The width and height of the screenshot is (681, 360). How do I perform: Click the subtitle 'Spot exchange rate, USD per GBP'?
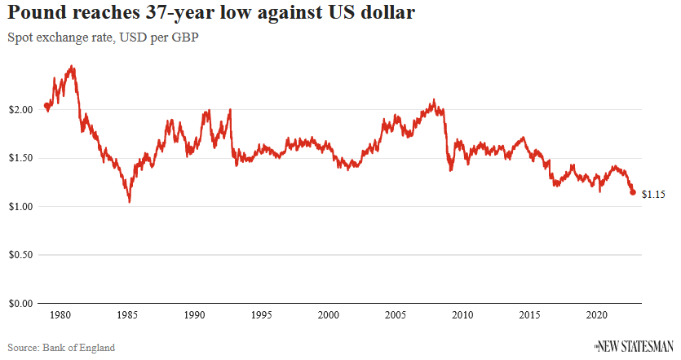coord(104,37)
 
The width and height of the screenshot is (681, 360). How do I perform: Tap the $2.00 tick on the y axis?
coord(20,109)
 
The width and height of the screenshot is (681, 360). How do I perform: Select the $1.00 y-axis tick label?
coord(20,206)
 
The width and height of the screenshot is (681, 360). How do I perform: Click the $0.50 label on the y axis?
coord(20,255)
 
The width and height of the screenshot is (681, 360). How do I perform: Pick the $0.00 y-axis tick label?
coord(20,303)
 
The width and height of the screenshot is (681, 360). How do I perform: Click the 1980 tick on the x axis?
coord(59,315)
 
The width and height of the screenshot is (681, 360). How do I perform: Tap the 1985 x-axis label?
coord(126,315)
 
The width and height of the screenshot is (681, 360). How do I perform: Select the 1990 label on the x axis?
coord(193,315)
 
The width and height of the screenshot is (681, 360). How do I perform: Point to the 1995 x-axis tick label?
coord(261,315)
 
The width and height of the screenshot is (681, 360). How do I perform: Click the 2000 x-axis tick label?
coord(328,315)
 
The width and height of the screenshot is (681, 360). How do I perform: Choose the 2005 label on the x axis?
coord(396,315)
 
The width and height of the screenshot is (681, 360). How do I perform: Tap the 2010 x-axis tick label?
coord(462,315)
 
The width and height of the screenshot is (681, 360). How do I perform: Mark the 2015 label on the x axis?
coord(530,315)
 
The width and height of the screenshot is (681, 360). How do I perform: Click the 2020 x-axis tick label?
coord(597,315)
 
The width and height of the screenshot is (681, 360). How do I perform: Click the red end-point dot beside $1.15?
coord(633,192)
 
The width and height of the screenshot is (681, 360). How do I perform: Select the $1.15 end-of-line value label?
coord(654,195)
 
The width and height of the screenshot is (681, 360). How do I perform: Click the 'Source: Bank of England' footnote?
coord(61,348)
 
